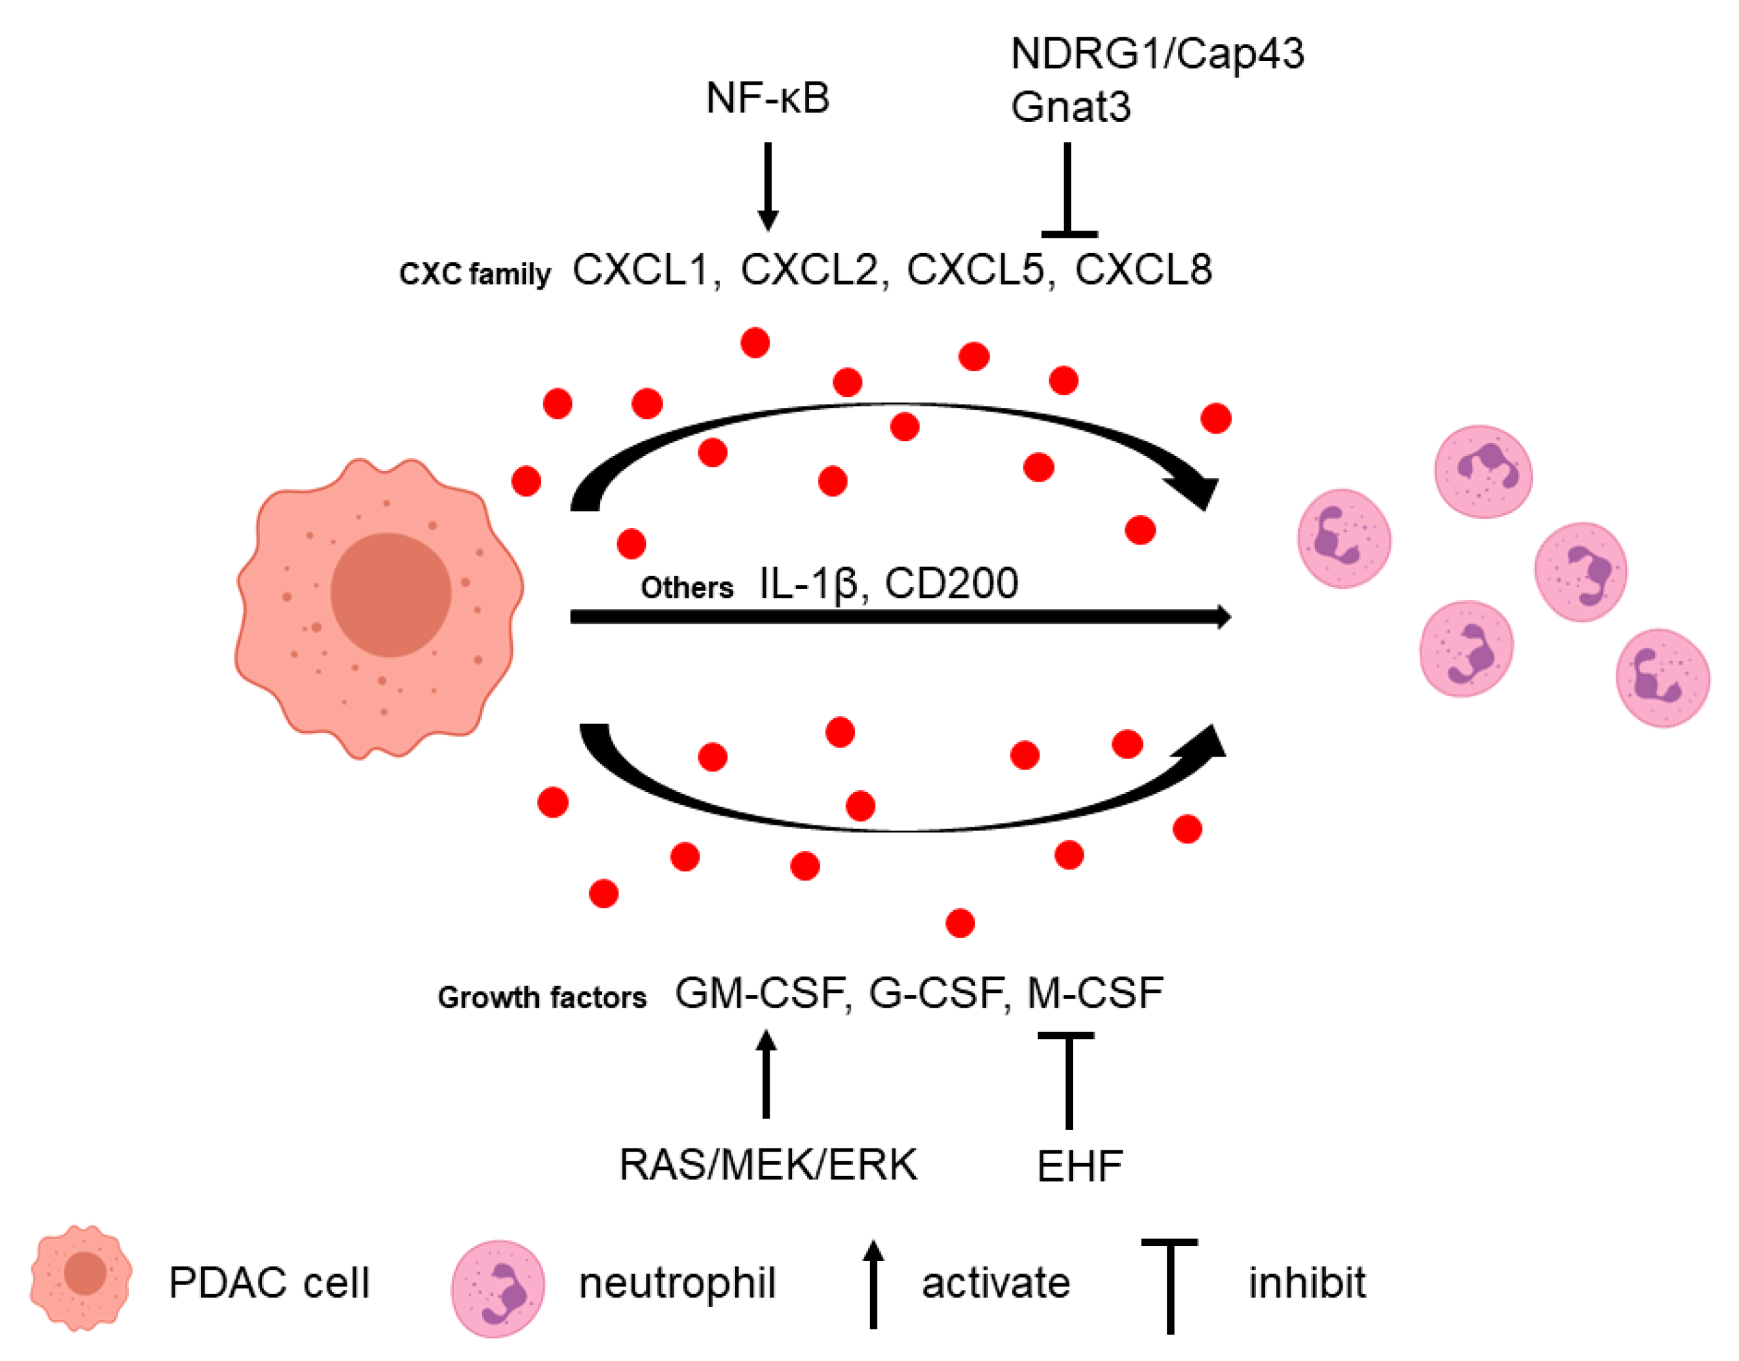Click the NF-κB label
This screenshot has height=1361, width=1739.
point(768,99)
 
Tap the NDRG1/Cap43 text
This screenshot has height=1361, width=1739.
point(1156,54)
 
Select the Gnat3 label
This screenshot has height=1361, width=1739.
point(1070,107)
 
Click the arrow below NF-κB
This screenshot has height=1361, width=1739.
point(768,186)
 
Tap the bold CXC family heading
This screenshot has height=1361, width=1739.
point(474,274)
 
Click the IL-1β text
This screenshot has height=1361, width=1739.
point(808,583)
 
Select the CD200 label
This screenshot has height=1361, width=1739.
point(951,583)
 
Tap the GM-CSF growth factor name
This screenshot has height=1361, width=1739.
point(759,993)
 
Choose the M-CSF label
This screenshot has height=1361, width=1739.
point(1094,993)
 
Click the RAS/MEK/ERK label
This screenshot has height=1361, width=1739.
point(768,1165)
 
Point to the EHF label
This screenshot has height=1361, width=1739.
point(1079,1166)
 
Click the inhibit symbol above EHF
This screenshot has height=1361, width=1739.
point(1068,1079)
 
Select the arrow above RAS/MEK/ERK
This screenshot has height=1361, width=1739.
point(766,1074)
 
